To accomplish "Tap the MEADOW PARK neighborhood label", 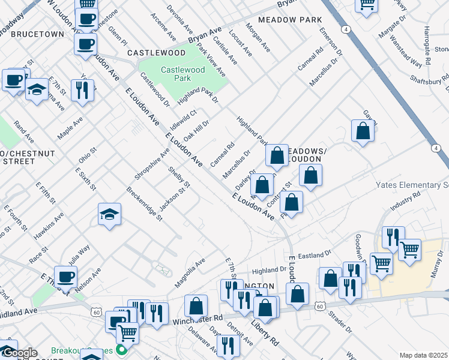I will pyautogui.click(x=290, y=20).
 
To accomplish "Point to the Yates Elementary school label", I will pyautogui.click(x=412, y=185).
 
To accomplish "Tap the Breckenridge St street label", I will pyautogui.click(x=145, y=203).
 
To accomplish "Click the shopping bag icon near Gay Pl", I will pyautogui.click(x=363, y=131).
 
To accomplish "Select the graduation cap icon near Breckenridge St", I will pyautogui.click(x=109, y=214).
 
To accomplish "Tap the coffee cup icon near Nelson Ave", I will pyautogui.click(x=65, y=277).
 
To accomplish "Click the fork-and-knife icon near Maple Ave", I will pyautogui.click(x=82, y=90).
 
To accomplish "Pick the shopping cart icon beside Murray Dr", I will pyautogui.click(x=410, y=250).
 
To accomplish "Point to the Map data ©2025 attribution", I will pyautogui.click(x=423, y=355).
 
